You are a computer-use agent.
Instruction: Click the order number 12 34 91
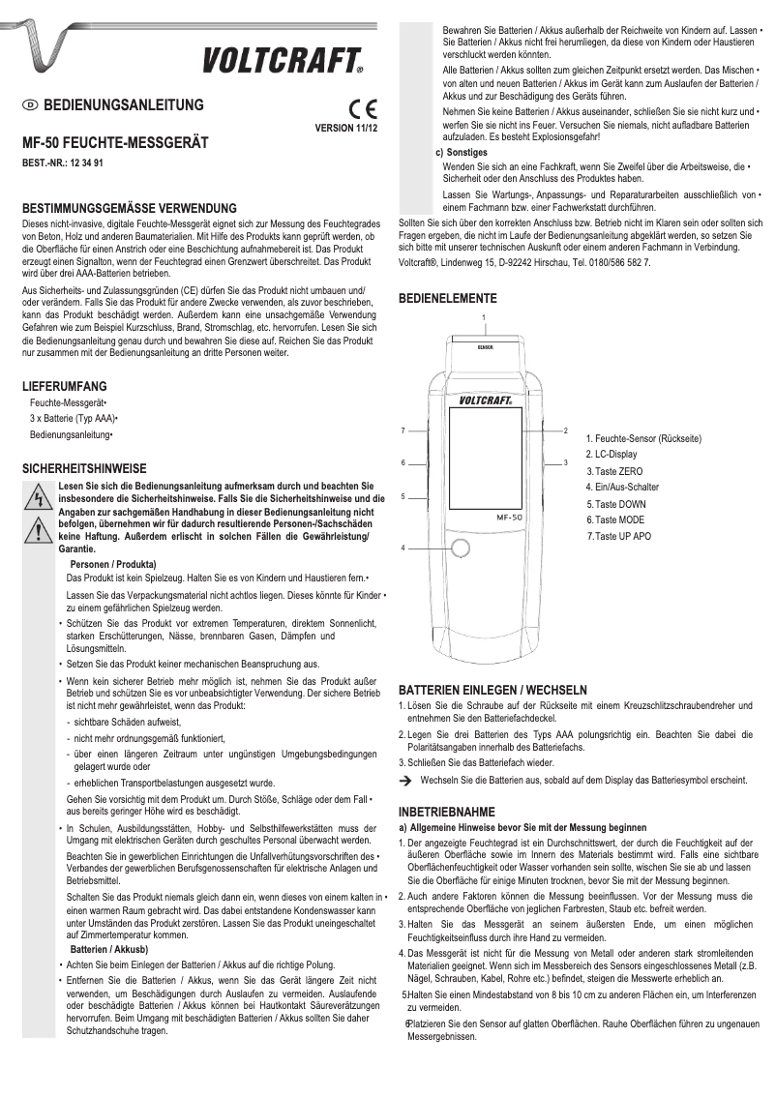(86, 163)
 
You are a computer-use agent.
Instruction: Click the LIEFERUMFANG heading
(65, 385)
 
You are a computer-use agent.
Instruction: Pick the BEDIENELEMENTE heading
(448, 299)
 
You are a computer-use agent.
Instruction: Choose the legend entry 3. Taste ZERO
(613, 470)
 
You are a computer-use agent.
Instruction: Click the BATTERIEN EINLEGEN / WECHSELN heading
(492, 690)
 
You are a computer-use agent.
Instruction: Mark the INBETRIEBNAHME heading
(447, 811)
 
